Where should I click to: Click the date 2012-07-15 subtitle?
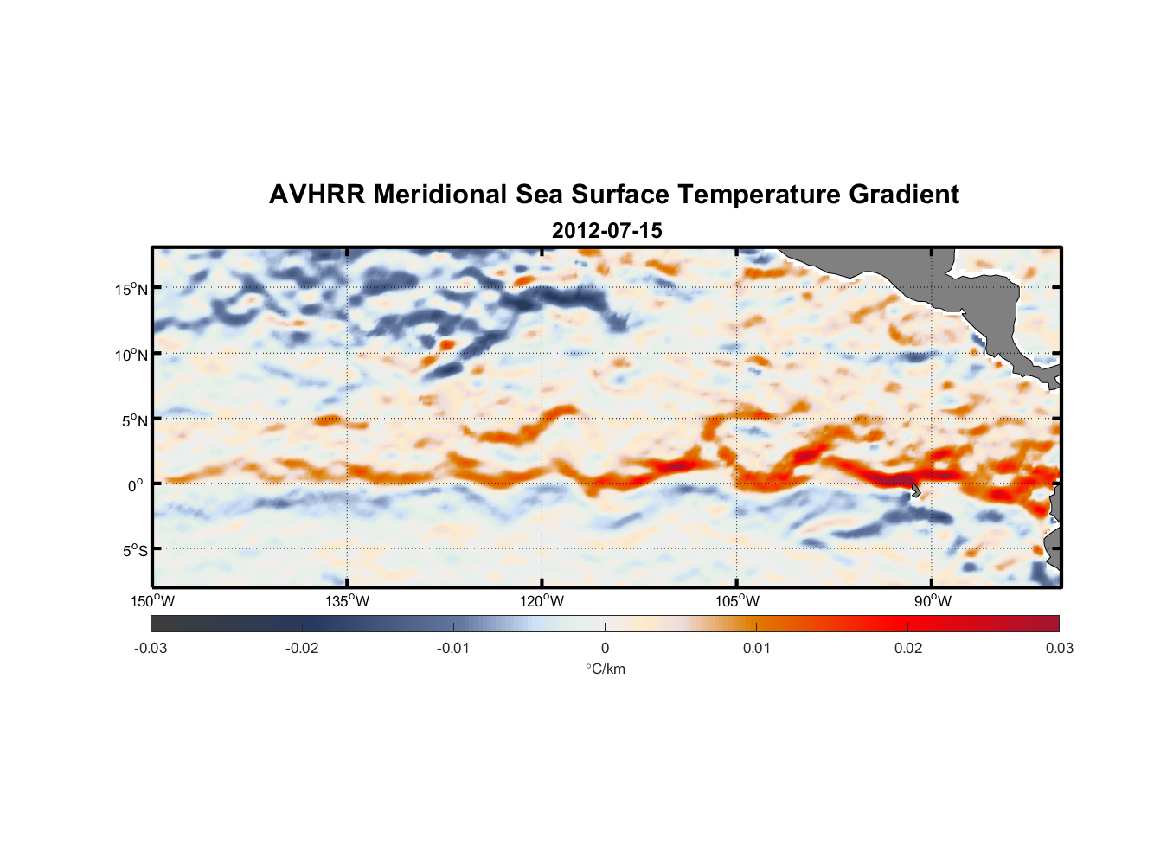[x=606, y=231]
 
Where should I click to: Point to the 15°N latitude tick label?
[x=131, y=289]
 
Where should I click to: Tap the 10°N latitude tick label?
[x=131, y=355]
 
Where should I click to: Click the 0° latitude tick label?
[x=136, y=485]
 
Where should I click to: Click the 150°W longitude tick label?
[x=153, y=601]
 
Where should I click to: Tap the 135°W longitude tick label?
[x=348, y=601]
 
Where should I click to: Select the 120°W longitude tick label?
[x=542, y=601]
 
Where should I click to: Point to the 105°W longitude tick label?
[x=737, y=601]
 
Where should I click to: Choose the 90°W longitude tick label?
[x=932, y=601]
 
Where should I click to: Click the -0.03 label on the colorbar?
[x=151, y=648]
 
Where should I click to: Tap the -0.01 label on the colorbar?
[x=453, y=648]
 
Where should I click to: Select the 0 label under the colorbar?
[x=605, y=648]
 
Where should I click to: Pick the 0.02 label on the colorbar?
[x=908, y=648]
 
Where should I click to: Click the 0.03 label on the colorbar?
[x=1059, y=648]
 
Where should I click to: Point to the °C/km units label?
[x=605, y=669]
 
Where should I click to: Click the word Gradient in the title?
[x=904, y=195]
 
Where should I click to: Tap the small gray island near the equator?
[x=915, y=490]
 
